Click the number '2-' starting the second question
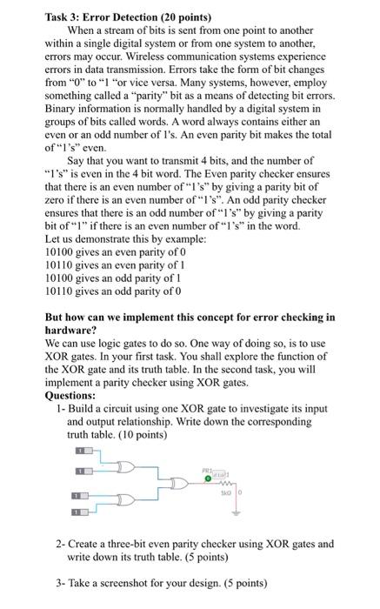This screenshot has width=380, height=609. (61, 544)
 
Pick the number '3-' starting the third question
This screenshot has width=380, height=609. (61, 583)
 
